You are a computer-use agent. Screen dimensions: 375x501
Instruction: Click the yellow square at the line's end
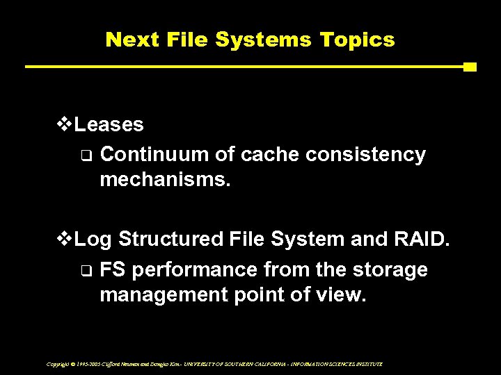(470, 67)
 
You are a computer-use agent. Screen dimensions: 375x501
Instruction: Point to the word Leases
(109, 125)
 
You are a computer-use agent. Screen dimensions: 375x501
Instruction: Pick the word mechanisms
(164, 181)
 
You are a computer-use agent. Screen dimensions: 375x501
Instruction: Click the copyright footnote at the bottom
(214, 364)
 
